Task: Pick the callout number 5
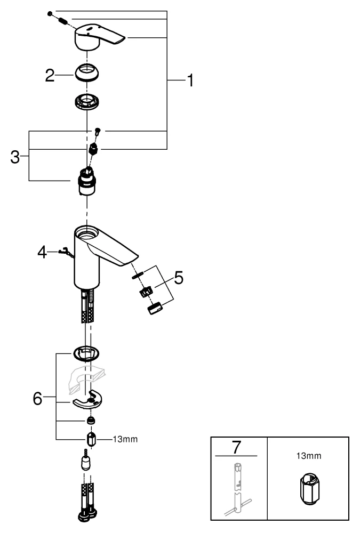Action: (x=178, y=278)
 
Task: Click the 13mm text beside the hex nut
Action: (x=124, y=439)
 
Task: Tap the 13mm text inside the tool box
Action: (x=308, y=456)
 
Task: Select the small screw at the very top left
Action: (x=50, y=13)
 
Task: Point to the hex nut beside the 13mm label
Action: (x=91, y=440)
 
